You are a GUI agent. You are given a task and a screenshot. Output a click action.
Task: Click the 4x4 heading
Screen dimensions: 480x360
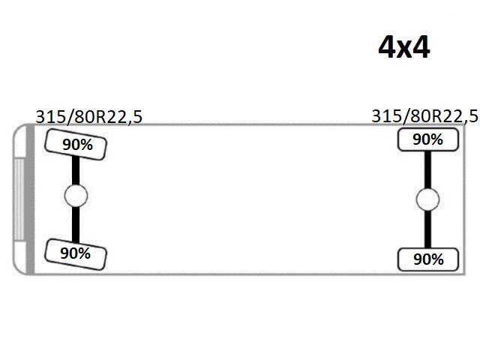(x=404, y=47)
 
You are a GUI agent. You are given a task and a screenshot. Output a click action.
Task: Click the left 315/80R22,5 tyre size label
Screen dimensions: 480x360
(x=88, y=116)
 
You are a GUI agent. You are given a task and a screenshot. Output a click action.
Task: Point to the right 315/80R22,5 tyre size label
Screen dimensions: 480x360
(x=424, y=115)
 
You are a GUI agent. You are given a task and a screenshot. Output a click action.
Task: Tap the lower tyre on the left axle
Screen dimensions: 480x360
(x=75, y=253)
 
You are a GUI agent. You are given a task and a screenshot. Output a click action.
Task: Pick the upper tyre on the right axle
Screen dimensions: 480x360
(x=427, y=139)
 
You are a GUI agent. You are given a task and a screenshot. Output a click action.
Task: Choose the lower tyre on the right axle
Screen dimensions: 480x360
(x=428, y=259)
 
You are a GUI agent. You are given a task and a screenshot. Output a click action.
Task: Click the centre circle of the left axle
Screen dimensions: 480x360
(x=76, y=196)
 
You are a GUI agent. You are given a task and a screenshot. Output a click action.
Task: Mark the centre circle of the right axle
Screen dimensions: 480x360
(x=427, y=199)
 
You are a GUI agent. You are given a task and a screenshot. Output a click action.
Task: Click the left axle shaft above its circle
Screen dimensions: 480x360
(x=76, y=172)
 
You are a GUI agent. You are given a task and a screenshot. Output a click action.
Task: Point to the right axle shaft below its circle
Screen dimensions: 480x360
(x=427, y=229)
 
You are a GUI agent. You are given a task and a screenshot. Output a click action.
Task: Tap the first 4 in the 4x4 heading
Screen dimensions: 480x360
(x=388, y=47)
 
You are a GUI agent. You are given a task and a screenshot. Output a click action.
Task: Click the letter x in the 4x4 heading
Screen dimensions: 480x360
(x=405, y=49)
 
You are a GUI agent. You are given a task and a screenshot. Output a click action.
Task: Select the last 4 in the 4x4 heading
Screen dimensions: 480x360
(x=421, y=47)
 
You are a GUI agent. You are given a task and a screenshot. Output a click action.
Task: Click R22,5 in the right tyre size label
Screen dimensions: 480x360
(x=452, y=115)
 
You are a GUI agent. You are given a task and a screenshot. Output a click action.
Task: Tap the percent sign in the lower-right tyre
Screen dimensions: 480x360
(x=437, y=259)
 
